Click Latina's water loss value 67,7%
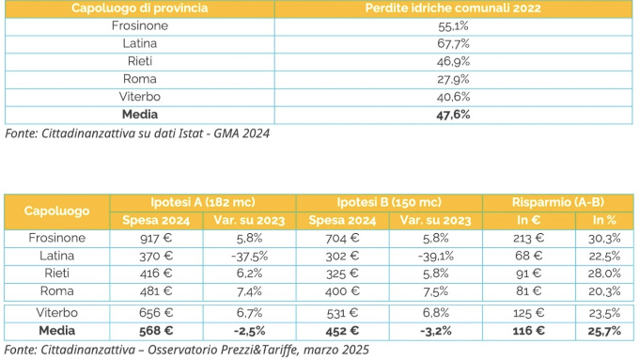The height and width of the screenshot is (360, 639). click(453, 43)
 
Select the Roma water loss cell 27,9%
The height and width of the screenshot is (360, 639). click(453, 79)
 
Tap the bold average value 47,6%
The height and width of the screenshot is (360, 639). click(453, 115)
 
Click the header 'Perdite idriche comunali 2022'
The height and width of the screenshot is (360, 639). click(453, 8)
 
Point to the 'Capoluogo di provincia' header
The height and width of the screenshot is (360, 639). click(139, 8)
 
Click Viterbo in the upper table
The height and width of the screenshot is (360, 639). click(140, 97)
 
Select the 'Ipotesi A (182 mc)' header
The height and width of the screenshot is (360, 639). click(203, 202)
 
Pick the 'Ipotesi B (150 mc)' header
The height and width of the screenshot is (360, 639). click(389, 202)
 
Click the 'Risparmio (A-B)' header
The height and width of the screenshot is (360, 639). click(558, 202)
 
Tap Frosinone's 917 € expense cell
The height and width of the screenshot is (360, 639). click(156, 238)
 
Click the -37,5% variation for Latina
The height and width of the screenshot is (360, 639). click(249, 256)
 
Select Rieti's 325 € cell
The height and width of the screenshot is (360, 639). click(342, 274)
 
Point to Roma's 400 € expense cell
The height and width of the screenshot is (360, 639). click(342, 291)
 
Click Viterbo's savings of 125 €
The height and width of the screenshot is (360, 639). click(528, 313)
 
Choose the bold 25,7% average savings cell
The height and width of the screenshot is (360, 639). click(604, 331)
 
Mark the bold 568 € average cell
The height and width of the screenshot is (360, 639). click(156, 331)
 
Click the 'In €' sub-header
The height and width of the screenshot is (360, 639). click(528, 220)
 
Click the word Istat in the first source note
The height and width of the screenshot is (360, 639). click(191, 133)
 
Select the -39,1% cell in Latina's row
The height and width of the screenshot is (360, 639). click(436, 256)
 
